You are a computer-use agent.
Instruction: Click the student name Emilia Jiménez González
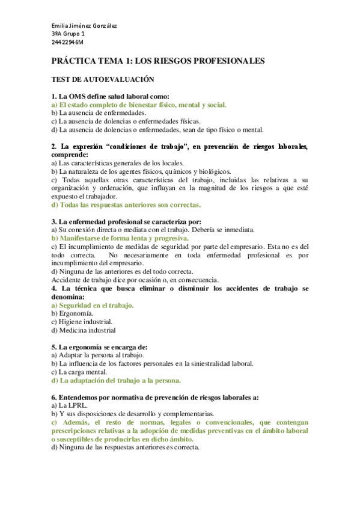click(x=84, y=26)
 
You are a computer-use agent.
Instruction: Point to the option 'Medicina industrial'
click(x=84, y=330)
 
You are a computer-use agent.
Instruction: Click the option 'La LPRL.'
click(x=66, y=405)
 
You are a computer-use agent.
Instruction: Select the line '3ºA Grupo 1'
click(x=67, y=34)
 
